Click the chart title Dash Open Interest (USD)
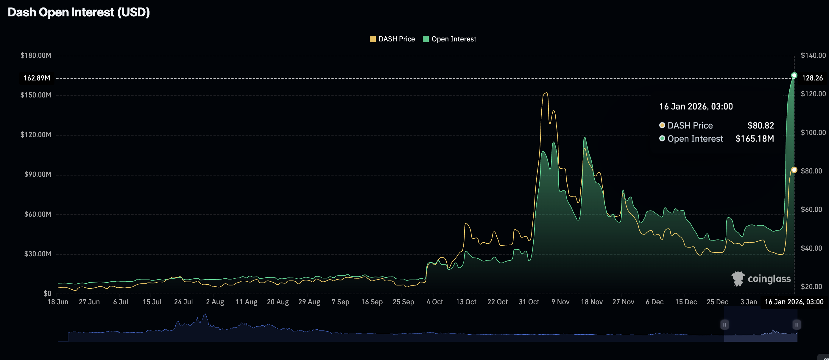click(x=79, y=12)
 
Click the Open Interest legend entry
click(x=449, y=39)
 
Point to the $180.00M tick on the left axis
click(x=36, y=55)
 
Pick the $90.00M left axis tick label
click(x=38, y=175)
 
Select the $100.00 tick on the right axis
click(x=813, y=133)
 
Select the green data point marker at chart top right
click(x=794, y=75)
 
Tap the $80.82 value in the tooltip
click(x=761, y=125)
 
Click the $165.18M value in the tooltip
click(x=754, y=139)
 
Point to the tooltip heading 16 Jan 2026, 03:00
click(x=696, y=107)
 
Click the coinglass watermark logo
click(x=761, y=279)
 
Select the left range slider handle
click(x=724, y=325)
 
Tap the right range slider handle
click(x=797, y=325)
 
